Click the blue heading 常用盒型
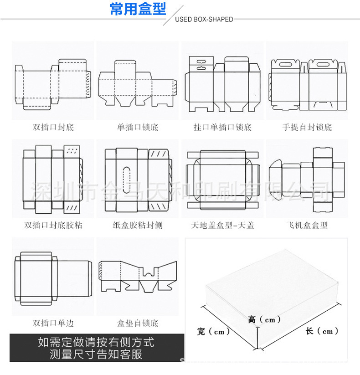138,9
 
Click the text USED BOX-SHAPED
204,20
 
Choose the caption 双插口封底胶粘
53,225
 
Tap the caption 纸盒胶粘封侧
137,225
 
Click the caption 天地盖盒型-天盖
222,225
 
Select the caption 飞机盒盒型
307,225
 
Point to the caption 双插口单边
53,323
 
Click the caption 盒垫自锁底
137,323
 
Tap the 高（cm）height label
264,319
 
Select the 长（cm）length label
322,331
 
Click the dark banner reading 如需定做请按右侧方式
96,348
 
